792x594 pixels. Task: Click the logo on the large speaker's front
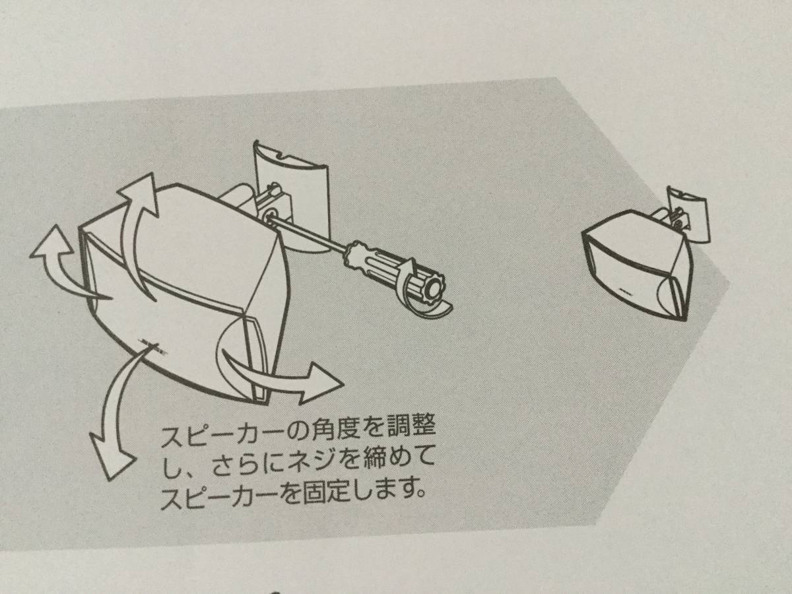pos(154,346)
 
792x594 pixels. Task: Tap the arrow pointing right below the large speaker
pos(281,375)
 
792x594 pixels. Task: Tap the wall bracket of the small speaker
pos(685,216)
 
